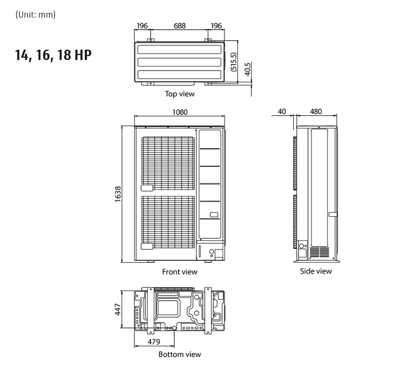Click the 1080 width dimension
point(180,112)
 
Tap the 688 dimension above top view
point(180,26)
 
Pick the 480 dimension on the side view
point(316,112)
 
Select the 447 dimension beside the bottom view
point(118,310)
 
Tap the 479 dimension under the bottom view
point(155,342)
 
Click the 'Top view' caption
point(180,93)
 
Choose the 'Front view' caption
point(180,272)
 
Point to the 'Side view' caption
point(316,271)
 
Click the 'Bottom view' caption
point(180,354)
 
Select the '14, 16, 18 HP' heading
point(53,55)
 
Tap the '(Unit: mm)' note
point(36,14)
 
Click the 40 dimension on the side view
point(282,112)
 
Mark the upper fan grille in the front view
point(168,164)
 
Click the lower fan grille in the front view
point(168,223)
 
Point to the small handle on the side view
point(332,215)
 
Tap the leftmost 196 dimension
point(142,26)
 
